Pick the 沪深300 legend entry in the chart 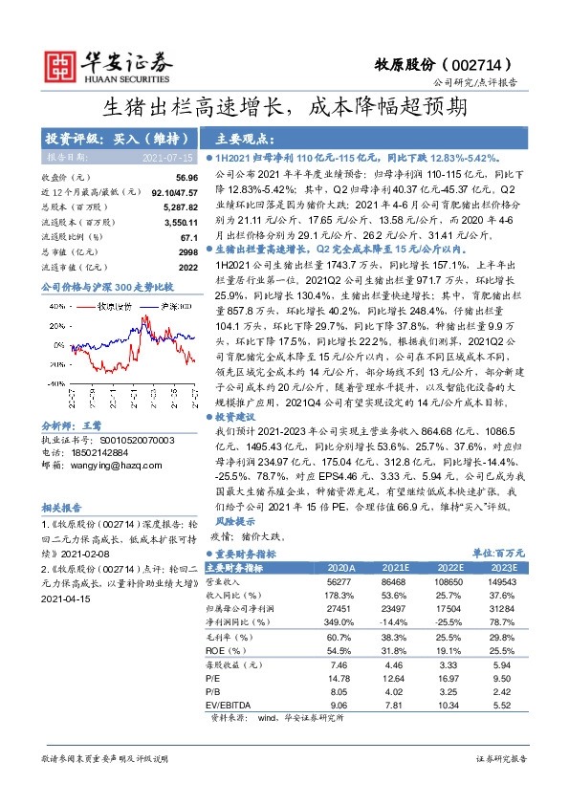(175, 307)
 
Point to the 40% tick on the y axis (54, 307)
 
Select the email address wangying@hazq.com (100, 466)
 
